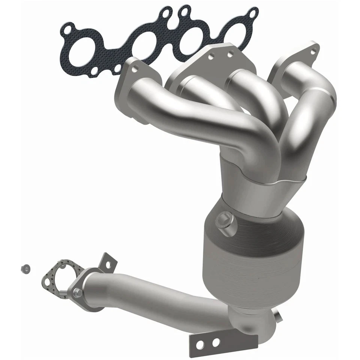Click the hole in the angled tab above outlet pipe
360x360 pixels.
point(108,264)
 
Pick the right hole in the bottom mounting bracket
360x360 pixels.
point(216,342)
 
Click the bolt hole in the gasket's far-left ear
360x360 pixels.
point(68,28)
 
